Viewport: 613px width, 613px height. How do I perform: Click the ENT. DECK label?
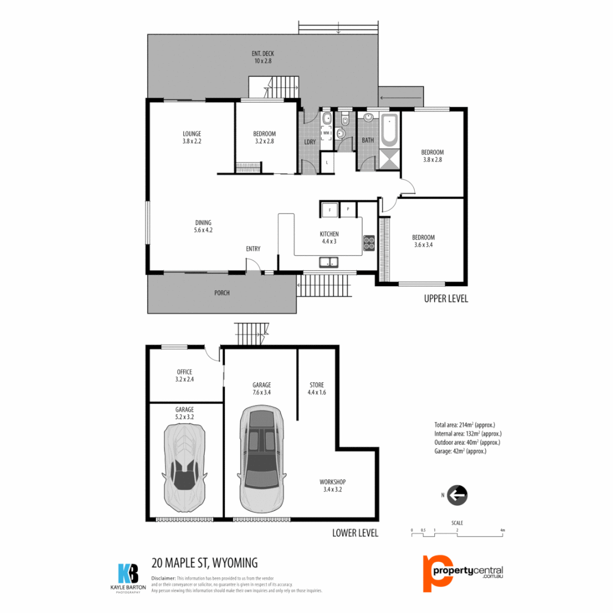(263, 54)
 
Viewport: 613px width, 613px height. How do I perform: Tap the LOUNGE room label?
(191, 134)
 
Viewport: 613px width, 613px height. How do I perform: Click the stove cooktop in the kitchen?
(369, 242)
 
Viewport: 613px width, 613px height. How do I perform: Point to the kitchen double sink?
(328, 262)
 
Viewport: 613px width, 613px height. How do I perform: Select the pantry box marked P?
(348, 209)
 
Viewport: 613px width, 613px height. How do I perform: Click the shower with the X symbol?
(389, 159)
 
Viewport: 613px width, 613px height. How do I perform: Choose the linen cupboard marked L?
(327, 163)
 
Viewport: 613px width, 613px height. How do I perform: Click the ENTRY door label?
(253, 249)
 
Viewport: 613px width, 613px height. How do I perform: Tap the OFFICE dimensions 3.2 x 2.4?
(184, 379)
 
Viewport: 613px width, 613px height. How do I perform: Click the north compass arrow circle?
(457, 495)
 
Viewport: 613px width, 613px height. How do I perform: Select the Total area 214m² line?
(467, 424)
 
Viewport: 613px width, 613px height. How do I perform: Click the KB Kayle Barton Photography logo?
(128, 577)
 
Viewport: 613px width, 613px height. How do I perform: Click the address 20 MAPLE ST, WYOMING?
(205, 563)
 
